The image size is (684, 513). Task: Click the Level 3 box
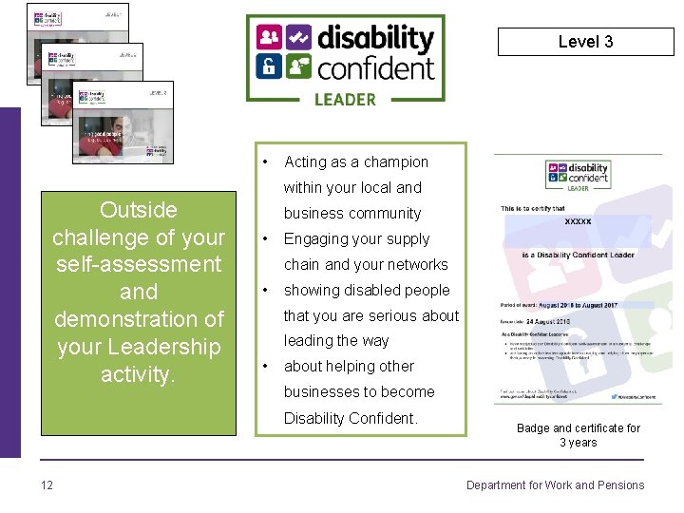tap(585, 42)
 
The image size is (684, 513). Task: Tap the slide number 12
tap(47, 485)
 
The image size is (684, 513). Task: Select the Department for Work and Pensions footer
tap(555, 485)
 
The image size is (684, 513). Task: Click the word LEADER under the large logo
tap(344, 99)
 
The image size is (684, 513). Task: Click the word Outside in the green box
tap(139, 209)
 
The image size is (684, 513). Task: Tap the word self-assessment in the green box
tap(139, 264)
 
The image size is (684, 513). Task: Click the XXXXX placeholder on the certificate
tap(578, 222)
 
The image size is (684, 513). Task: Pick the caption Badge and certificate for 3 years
tap(578, 435)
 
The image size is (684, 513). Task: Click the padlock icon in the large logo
tap(269, 66)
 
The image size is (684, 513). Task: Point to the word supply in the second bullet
tap(408, 239)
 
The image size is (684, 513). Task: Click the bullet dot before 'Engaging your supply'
tap(266, 239)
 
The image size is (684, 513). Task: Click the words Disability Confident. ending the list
tap(351, 418)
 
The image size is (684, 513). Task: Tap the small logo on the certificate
tap(578, 177)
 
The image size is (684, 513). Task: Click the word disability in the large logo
tap(375, 39)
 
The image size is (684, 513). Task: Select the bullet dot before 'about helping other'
tap(266, 367)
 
